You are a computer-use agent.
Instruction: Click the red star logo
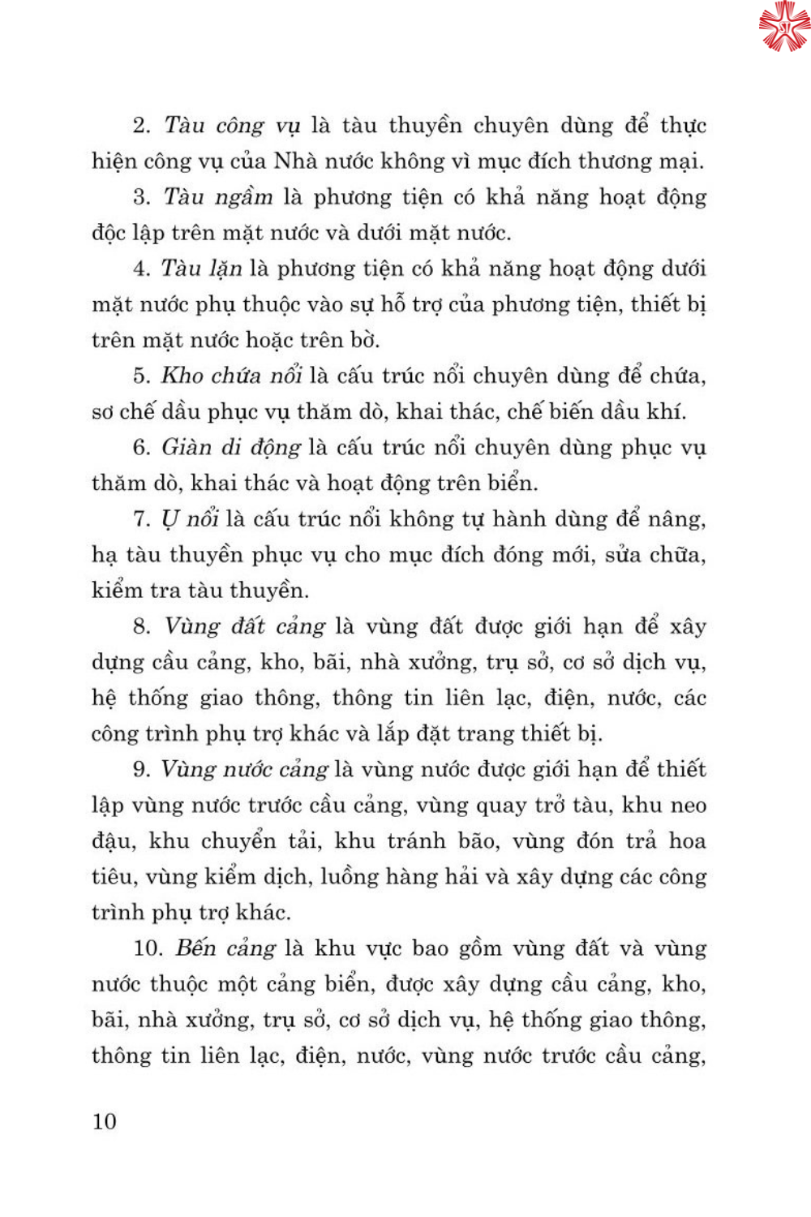[x=784, y=26]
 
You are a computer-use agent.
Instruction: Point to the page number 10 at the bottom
[x=105, y=1121]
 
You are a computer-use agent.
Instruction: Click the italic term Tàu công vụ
[x=232, y=126]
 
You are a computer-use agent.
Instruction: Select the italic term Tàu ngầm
[x=218, y=197]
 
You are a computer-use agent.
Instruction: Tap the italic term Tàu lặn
[x=201, y=269]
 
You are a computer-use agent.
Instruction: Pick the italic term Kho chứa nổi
[x=231, y=376]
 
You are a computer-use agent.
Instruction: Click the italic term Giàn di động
[x=231, y=447]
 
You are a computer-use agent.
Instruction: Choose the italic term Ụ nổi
[x=190, y=519]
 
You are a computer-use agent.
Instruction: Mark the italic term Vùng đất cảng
[x=245, y=626]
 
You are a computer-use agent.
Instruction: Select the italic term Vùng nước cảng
[x=244, y=769]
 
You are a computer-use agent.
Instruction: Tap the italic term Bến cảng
[x=225, y=948]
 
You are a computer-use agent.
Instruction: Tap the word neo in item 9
[x=689, y=806]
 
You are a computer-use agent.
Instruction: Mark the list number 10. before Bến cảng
[x=148, y=948]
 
